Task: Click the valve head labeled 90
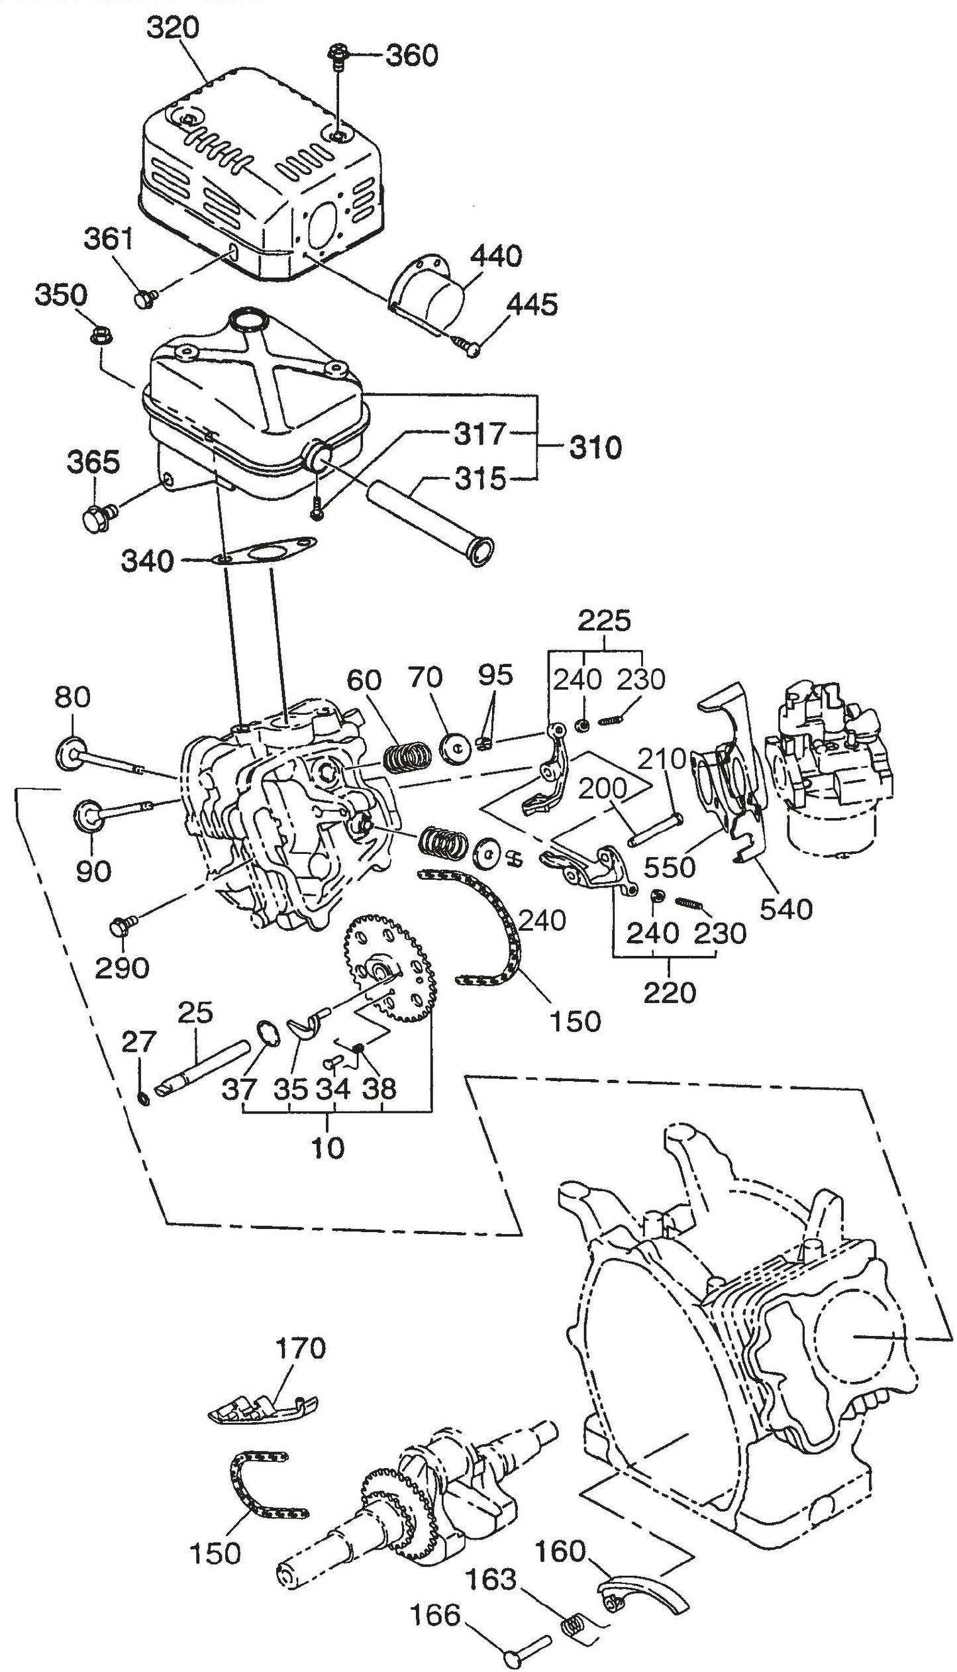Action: (x=87, y=814)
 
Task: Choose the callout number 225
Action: (x=605, y=621)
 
